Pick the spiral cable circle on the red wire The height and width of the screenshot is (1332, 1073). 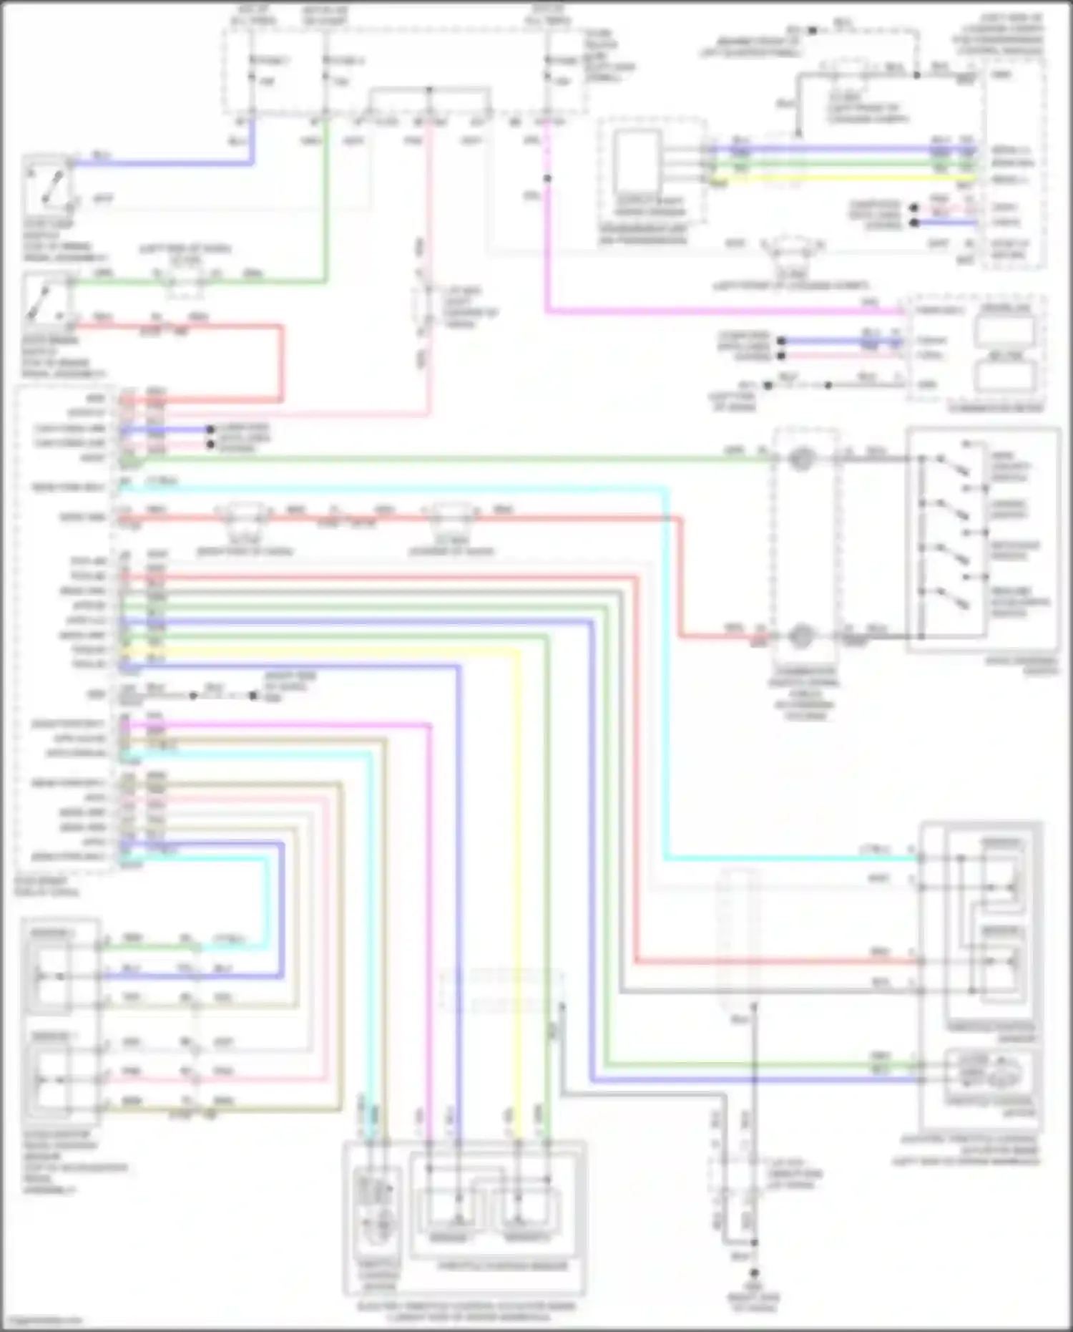pyautogui.click(x=801, y=636)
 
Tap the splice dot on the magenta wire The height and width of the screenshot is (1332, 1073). pyautogui.click(x=547, y=178)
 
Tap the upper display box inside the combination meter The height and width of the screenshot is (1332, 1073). pyautogui.click(x=1006, y=329)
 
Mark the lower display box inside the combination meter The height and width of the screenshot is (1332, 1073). pyautogui.click(x=1006, y=376)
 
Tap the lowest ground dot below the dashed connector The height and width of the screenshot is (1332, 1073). pyautogui.click(x=753, y=1273)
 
